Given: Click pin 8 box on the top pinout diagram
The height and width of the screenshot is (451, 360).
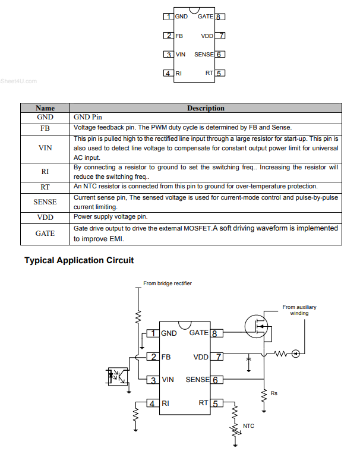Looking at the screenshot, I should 219,17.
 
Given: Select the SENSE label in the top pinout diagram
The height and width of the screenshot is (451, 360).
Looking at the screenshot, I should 204,55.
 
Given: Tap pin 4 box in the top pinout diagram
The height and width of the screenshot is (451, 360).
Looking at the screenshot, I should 169,74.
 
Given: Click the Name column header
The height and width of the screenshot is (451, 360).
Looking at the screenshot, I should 45,108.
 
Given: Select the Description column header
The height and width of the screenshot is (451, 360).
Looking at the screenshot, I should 206,108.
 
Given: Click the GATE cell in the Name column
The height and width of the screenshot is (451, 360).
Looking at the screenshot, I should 45,234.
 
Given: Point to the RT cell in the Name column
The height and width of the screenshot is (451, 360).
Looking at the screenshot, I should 45,187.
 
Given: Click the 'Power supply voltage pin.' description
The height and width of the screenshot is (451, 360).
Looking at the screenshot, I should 110,217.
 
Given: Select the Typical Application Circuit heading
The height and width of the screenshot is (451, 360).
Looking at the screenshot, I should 79,260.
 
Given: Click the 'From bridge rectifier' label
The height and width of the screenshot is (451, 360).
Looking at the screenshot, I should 168,283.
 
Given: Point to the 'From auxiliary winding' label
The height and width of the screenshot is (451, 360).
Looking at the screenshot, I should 299,310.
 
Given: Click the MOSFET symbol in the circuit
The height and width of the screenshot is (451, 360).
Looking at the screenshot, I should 256,324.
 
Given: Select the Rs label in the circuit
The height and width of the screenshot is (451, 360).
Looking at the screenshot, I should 274,393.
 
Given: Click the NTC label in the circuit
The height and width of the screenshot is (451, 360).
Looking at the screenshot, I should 248,426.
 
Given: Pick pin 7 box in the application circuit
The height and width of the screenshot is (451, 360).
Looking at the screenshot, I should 217,357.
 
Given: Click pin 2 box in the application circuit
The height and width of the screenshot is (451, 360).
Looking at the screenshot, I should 153,357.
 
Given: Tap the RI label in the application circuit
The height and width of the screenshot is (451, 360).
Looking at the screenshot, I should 166,403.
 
